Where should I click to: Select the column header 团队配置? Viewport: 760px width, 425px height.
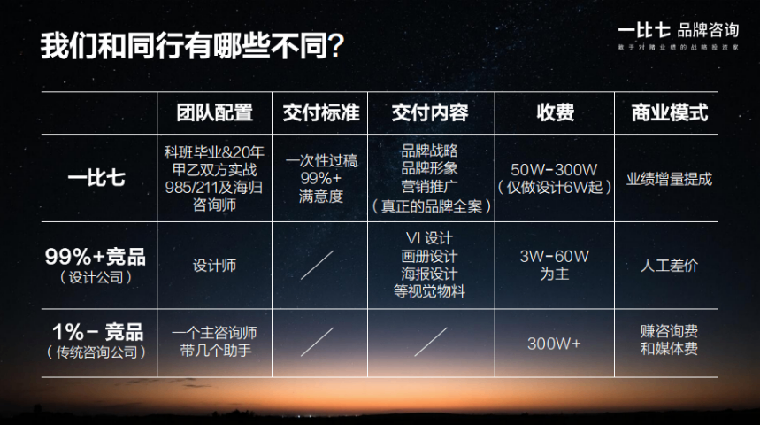tap(215, 113)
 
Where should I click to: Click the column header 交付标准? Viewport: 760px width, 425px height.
tap(321, 113)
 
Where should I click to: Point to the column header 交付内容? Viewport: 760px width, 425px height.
tap(430, 113)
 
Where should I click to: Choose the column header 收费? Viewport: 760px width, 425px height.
tap(555, 113)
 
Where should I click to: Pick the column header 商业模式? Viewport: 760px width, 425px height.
tap(670, 113)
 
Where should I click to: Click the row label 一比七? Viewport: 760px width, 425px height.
tap(96, 178)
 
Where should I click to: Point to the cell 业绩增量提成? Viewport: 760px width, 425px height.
tap(670, 179)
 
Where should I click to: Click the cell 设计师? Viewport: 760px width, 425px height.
tap(215, 265)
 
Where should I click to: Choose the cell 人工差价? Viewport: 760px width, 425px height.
tap(670, 265)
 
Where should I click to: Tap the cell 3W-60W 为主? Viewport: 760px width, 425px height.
tap(554, 265)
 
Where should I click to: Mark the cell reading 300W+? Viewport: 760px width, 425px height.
tap(554, 343)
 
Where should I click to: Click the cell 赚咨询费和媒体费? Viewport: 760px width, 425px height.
tap(670, 341)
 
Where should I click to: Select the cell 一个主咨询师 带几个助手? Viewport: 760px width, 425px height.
tap(215, 342)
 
